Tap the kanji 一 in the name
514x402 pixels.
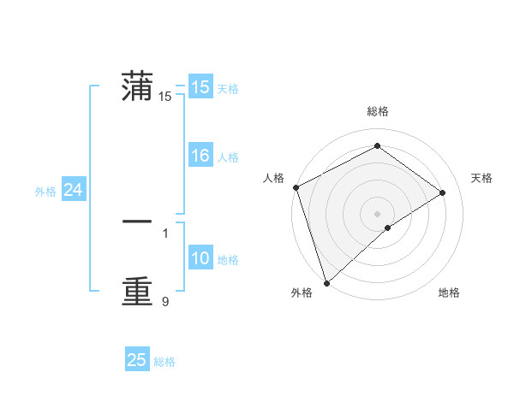tap(137, 222)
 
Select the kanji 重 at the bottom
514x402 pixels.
tap(137, 292)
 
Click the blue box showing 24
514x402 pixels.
tap(74, 191)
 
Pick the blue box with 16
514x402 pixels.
tap(200, 157)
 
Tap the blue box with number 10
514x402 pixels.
tap(200, 259)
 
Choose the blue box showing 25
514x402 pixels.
tap(137, 360)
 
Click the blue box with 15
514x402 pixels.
tap(200, 87)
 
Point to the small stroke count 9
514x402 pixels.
tap(165, 301)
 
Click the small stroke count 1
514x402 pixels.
tap(165, 232)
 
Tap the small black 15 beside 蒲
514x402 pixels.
tap(165, 97)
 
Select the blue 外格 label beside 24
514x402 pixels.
tap(45, 192)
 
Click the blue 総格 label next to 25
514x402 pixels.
tap(164, 362)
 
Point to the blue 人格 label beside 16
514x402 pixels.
tap(228, 157)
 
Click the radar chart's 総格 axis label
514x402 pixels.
tap(377, 111)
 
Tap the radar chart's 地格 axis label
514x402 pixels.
tap(449, 293)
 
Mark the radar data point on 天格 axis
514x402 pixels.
tap(443, 192)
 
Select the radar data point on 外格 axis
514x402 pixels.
tap(326, 282)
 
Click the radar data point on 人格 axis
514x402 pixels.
tap(296, 187)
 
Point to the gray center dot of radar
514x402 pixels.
tap(377, 213)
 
